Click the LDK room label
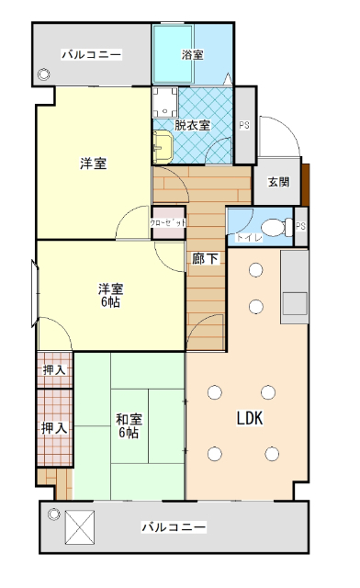click(x=250, y=418)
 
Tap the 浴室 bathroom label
click(x=192, y=55)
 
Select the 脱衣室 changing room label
click(x=192, y=125)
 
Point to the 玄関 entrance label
click(x=279, y=182)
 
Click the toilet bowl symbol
click(x=272, y=228)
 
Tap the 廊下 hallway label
click(x=205, y=259)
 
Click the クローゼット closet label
click(x=168, y=223)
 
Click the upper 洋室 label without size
click(x=92, y=164)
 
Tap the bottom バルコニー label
click(x=174, y=527)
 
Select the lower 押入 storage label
click(x=54, y=428)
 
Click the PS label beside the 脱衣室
click(x=244, y=125)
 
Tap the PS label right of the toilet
click(x=300, y=227)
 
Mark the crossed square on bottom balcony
click(x=80, y=527)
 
